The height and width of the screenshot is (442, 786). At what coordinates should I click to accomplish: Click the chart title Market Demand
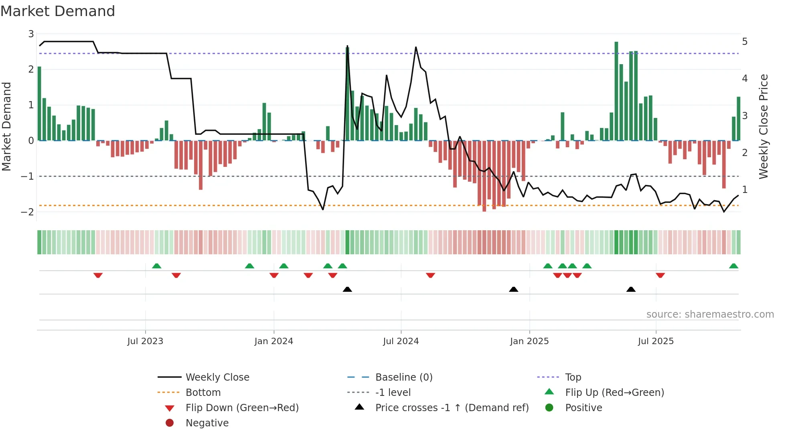coord(58,11)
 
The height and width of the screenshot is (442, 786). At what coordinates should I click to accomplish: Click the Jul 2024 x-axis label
coord(401,341)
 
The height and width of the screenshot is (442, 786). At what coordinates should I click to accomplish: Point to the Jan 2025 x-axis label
coord(529,341)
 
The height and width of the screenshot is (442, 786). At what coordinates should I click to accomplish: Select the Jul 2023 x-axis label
coord(145,341)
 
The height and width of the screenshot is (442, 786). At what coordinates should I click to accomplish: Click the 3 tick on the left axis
coord(31,34)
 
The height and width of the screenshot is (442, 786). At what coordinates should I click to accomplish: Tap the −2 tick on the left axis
coord(28,212)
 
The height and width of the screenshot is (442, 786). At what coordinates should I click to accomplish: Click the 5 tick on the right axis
coord(745,42)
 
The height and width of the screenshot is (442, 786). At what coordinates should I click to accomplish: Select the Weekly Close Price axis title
coord(764,126)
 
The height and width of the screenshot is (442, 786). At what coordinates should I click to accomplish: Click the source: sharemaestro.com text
coord(710,314)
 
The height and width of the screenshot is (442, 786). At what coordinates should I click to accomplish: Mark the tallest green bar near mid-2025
coord(616,91)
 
